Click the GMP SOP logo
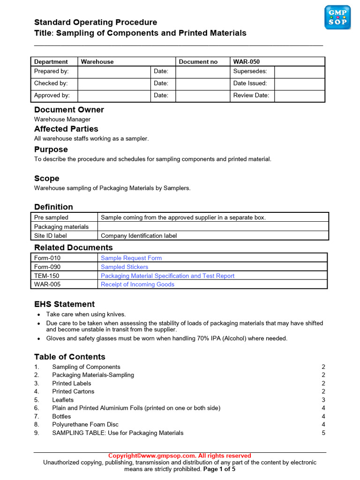337,17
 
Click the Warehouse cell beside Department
97,61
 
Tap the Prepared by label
52,71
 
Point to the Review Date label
251,95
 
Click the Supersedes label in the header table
250,71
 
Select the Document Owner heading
69,110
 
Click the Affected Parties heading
66,129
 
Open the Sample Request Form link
131,258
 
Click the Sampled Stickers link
124,267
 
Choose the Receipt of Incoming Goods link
137,284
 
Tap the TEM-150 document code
47,276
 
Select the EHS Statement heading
64,304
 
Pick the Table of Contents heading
70,357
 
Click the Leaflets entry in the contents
63,400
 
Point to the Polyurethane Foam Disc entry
85,424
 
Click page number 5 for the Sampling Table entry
323,433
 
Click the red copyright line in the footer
180,456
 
